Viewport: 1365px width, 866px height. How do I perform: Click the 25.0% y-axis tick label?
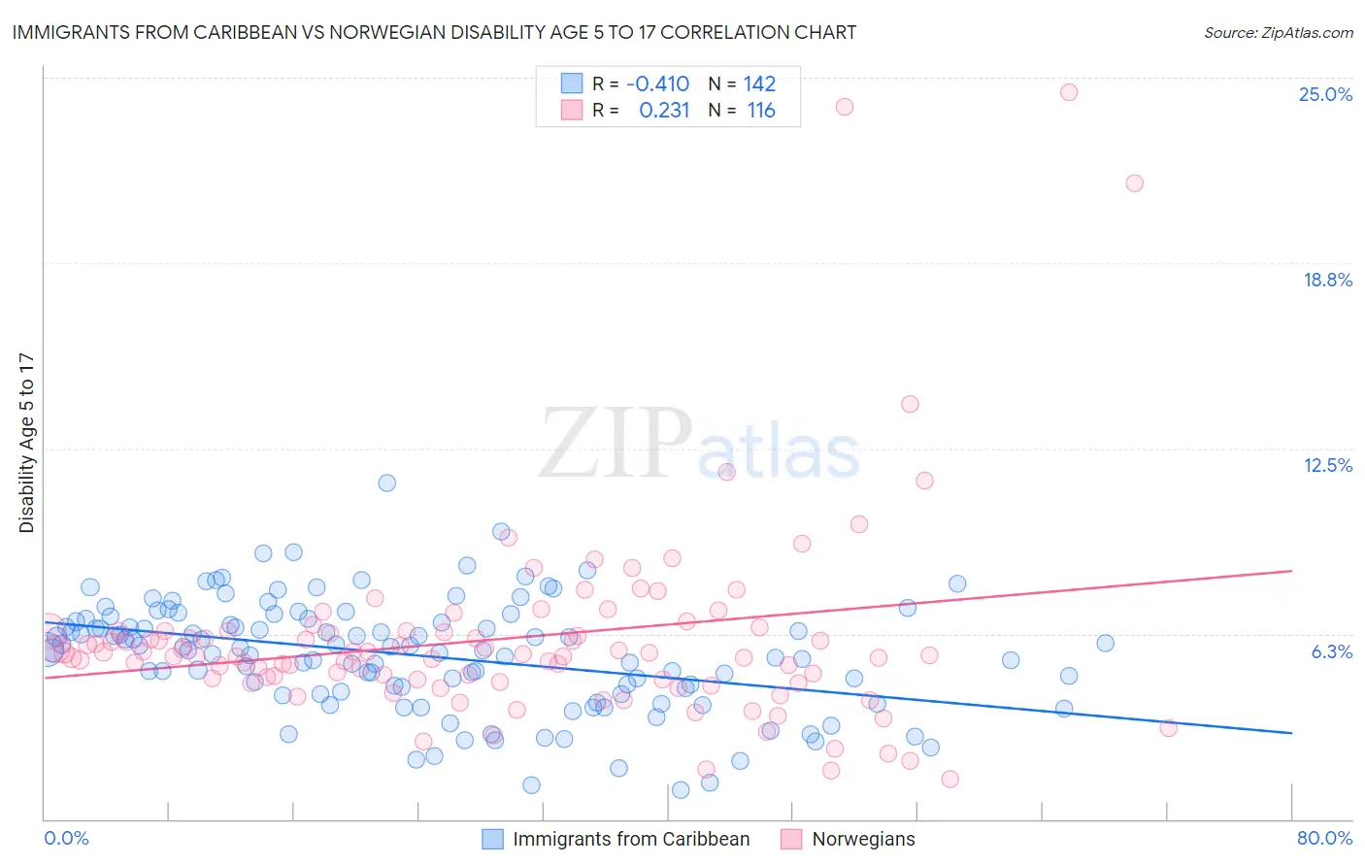1325,94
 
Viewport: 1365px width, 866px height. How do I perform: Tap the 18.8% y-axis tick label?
1327,280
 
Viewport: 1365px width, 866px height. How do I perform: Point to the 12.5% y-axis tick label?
1327,465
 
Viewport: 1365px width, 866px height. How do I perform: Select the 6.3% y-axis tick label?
1331,651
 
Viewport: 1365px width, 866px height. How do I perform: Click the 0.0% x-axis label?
66,838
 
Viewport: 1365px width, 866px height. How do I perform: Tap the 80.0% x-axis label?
1324,838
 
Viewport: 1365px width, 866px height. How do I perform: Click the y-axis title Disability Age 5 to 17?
27,443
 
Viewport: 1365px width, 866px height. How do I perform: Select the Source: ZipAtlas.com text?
1278,33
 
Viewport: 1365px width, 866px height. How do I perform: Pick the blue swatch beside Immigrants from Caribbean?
493,839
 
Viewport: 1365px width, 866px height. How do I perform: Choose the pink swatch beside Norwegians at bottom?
791,839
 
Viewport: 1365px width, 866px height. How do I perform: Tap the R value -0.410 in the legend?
657,83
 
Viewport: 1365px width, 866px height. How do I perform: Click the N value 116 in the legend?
761,111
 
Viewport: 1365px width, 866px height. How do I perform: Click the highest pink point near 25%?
1069,92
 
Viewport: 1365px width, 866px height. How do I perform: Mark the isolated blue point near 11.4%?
386,483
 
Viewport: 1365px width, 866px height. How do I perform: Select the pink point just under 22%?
1134,183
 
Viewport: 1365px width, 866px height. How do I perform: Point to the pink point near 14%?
910,404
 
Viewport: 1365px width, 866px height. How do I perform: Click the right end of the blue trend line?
1291,732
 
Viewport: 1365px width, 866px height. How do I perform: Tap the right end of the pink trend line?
1291,571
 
